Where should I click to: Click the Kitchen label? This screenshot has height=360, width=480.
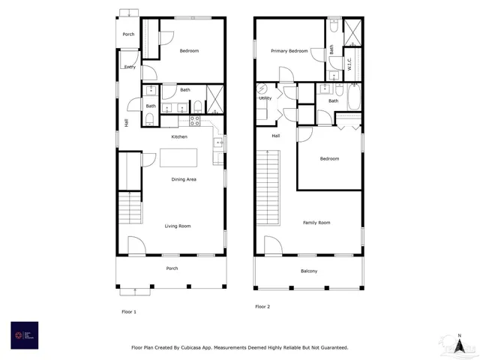179,136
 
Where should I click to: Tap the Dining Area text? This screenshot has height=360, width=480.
184,180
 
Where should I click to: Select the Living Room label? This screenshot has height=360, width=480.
178,226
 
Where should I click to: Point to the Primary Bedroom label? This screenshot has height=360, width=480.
289,51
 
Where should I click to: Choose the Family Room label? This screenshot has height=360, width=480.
316,223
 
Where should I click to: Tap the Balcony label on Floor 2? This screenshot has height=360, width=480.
309,271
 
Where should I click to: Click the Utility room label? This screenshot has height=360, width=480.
265,98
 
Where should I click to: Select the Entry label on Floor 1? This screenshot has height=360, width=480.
130,67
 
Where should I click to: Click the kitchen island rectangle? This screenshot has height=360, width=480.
179,157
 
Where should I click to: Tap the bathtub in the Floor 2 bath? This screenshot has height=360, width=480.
352,97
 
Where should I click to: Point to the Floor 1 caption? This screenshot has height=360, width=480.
129,310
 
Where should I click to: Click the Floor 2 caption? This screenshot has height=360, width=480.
262,307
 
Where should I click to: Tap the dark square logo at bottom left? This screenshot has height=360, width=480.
24,335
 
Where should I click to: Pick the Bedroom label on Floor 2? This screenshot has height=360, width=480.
329,159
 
